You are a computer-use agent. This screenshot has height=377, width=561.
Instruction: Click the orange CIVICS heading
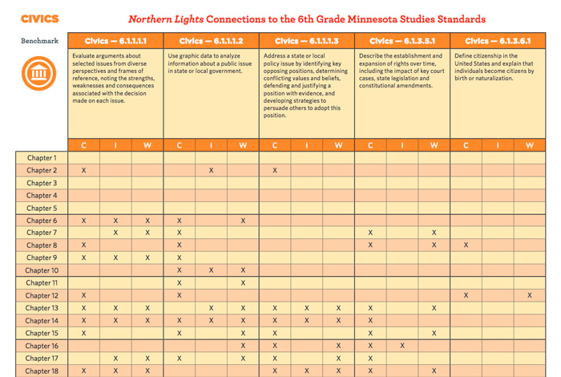(39, 18)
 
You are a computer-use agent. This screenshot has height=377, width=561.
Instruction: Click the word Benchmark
(39, 40)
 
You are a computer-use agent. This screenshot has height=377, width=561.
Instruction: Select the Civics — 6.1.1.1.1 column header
(115, 40)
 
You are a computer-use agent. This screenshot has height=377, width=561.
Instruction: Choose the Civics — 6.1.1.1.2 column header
(211, 40)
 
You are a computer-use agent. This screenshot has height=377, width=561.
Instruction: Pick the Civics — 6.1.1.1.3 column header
(306, 40)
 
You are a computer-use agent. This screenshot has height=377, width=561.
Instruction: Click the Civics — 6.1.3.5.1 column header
(402, 40)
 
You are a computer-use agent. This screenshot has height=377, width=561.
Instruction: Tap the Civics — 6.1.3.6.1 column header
(497, 40)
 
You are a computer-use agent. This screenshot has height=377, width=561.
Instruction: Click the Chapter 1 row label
(41, 158)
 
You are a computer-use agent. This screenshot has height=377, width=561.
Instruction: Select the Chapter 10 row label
(41, 270)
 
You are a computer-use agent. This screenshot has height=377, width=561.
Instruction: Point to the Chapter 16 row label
(41, 346)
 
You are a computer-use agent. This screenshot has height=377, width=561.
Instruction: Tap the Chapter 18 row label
(41, 371)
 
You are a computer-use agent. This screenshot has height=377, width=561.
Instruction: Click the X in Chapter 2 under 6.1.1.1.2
(211, 171)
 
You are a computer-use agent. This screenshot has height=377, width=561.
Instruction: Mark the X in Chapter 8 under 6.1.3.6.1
(466, 245)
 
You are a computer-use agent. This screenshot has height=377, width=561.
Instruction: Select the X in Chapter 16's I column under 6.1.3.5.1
(402, 346)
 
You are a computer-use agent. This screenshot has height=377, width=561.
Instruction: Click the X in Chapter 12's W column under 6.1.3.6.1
(529, 295)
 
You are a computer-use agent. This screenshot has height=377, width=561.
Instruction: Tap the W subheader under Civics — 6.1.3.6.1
(529, 145)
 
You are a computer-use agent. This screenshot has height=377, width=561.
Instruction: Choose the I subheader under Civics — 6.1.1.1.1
(115, 145)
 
